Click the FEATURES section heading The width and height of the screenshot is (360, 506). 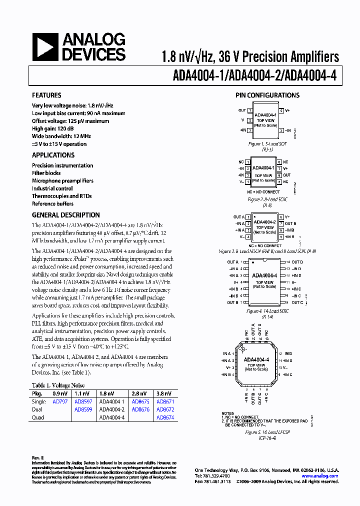(x=46, y=95)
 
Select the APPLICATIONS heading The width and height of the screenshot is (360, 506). (x=53, y=155)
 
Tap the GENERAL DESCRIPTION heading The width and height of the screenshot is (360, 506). (x=65, y=215)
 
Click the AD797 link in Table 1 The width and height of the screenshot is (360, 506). (x=61, y=401)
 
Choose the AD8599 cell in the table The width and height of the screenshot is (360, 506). (x=83, y=409)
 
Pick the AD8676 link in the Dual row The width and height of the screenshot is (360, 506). (x=140, y=409)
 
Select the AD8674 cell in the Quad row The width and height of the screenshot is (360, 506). (x=165, y=417)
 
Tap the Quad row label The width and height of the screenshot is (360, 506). (x=38, y=417)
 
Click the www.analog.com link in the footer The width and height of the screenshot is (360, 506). (x=319, y=476)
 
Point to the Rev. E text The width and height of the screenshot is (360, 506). (x=38, y=457)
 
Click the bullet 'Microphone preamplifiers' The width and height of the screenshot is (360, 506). (x=62, y=181)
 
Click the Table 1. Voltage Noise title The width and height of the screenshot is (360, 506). (x=58, y=385)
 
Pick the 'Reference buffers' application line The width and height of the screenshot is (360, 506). (x=52, y=204)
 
